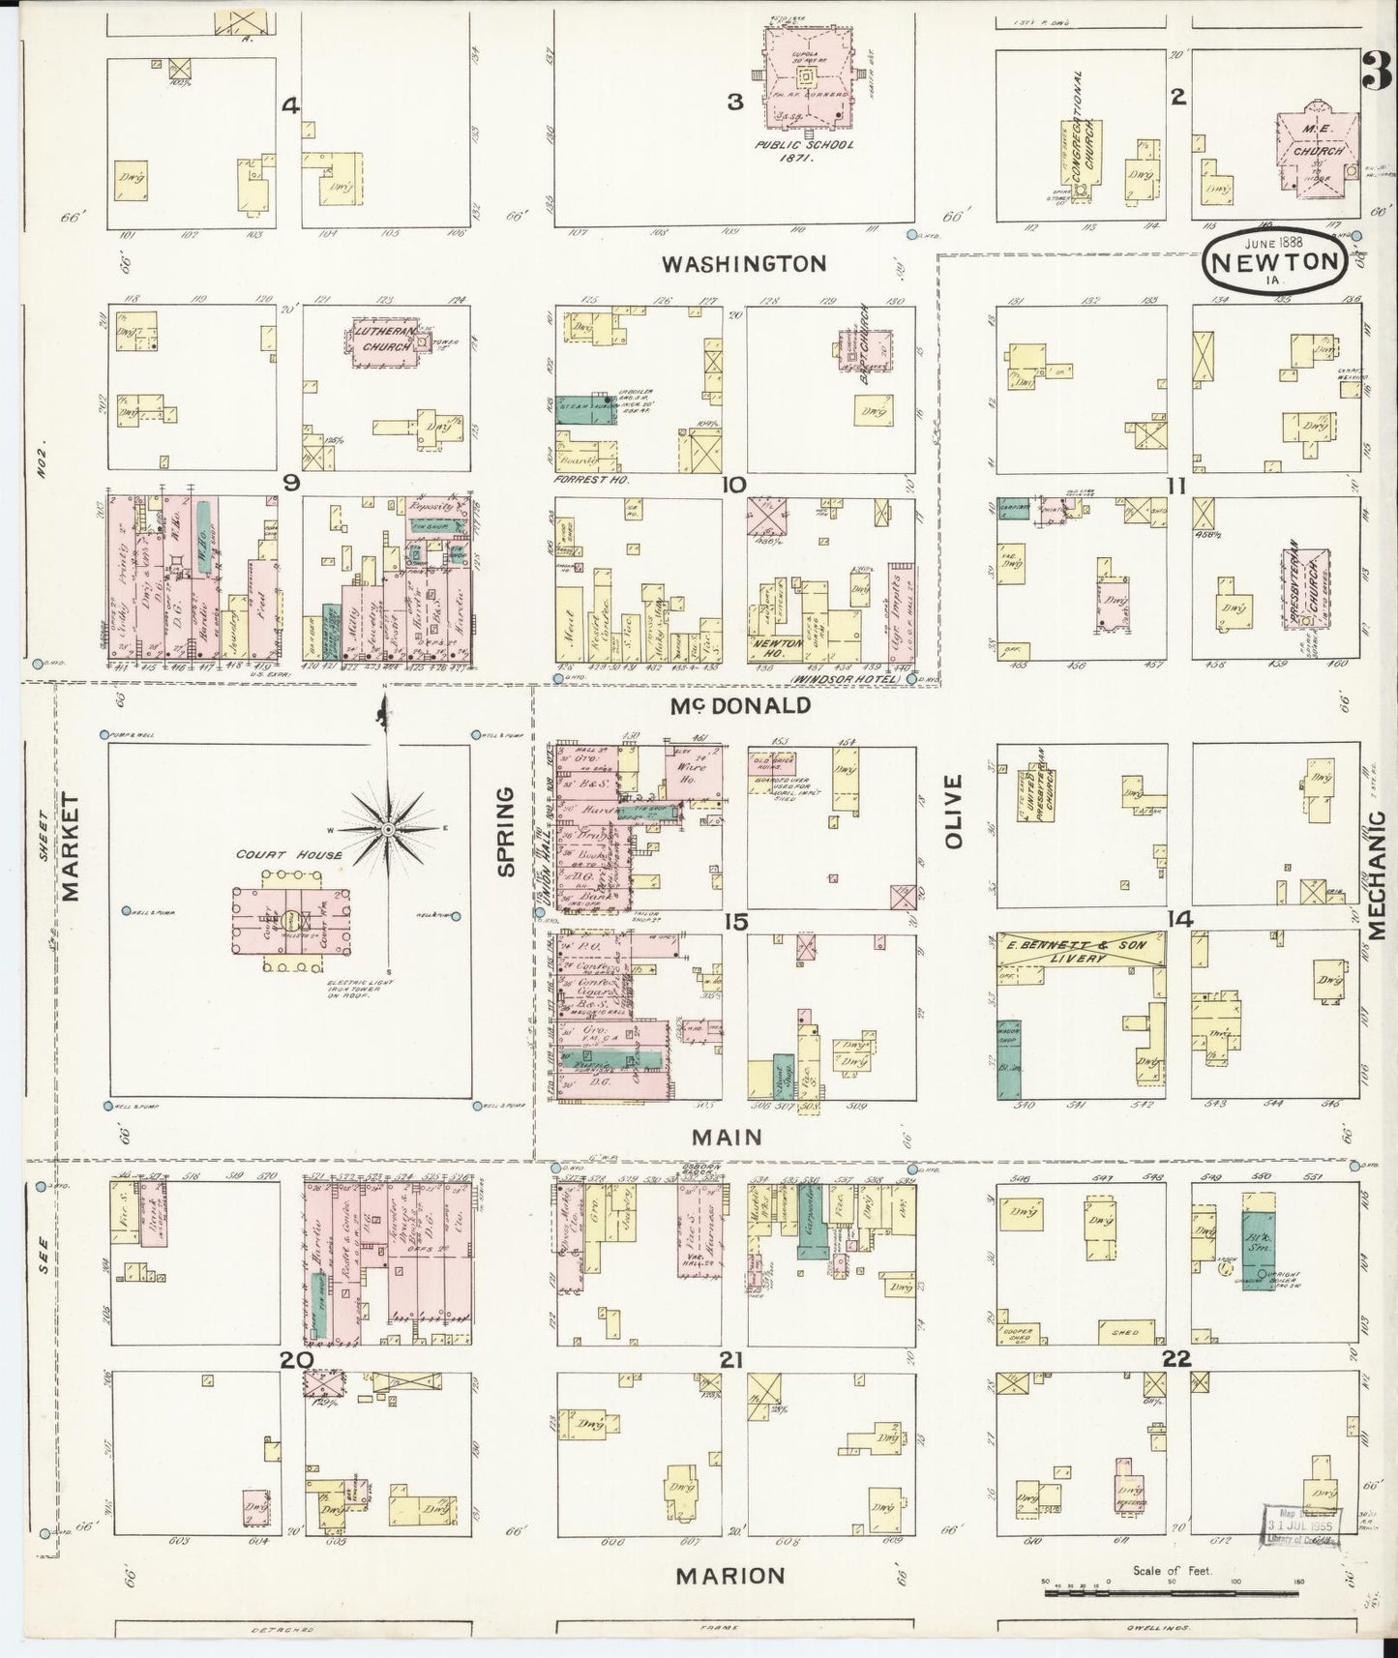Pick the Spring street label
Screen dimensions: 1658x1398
[x=505, y=832]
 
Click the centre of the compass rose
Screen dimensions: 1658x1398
[x=387, y=829]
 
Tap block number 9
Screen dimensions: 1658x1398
[x=291, y=482]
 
